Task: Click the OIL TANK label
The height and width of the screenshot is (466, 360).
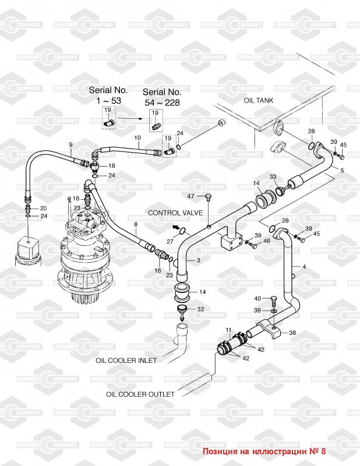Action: (x=258, y=100)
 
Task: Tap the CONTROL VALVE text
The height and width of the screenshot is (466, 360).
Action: (x=175, y=213)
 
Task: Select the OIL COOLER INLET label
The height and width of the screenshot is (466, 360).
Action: (x=126, y=361)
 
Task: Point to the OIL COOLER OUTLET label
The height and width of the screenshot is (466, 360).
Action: (x=140, y=394)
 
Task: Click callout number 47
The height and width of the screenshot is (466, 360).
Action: (x=190, y=196)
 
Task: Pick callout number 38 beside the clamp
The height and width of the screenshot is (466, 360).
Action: (x=292, y=333)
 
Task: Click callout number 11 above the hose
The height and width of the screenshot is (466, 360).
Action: (x=228, y=330)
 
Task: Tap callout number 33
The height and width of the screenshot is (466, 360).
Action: (x=273, y=177)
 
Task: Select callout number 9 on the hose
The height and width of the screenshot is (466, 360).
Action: (x=70, y=144)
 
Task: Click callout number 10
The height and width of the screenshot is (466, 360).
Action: (x=137, y=137)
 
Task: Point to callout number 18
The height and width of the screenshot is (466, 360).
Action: (x=112, y=165)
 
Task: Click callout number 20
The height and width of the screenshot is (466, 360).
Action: (x=44, y=209)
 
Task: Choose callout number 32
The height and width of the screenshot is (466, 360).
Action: (x=200, y=309)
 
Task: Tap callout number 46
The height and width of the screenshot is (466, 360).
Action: (x=267, y=241)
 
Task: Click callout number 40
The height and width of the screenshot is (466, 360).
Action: (x=257, y=298)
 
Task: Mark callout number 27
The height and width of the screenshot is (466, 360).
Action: (x=170, y=241)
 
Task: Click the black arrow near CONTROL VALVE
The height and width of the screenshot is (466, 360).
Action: (x=177, y=228)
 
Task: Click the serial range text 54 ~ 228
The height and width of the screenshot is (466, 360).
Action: (x=163, y=103)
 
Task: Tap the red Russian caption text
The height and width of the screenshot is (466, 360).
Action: (x=264, y=451)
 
